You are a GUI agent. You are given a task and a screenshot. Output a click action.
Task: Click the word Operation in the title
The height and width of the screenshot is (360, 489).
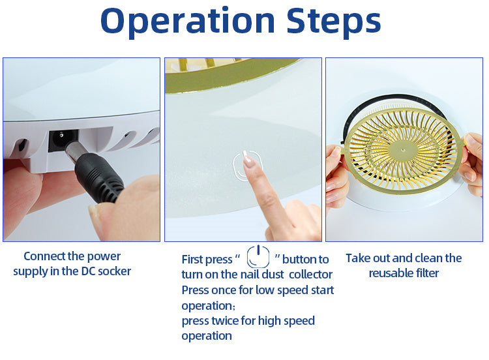[187, 22]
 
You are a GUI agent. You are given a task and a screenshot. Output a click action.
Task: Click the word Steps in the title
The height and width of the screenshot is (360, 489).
[333, 21]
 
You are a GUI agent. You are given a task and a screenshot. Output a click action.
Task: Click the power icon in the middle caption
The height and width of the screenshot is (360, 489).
[258, 257]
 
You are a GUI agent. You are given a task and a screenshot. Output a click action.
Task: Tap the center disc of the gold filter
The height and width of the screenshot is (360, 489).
[403, 150]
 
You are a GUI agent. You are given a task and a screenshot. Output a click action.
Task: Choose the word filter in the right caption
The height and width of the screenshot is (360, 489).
[427, 273]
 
